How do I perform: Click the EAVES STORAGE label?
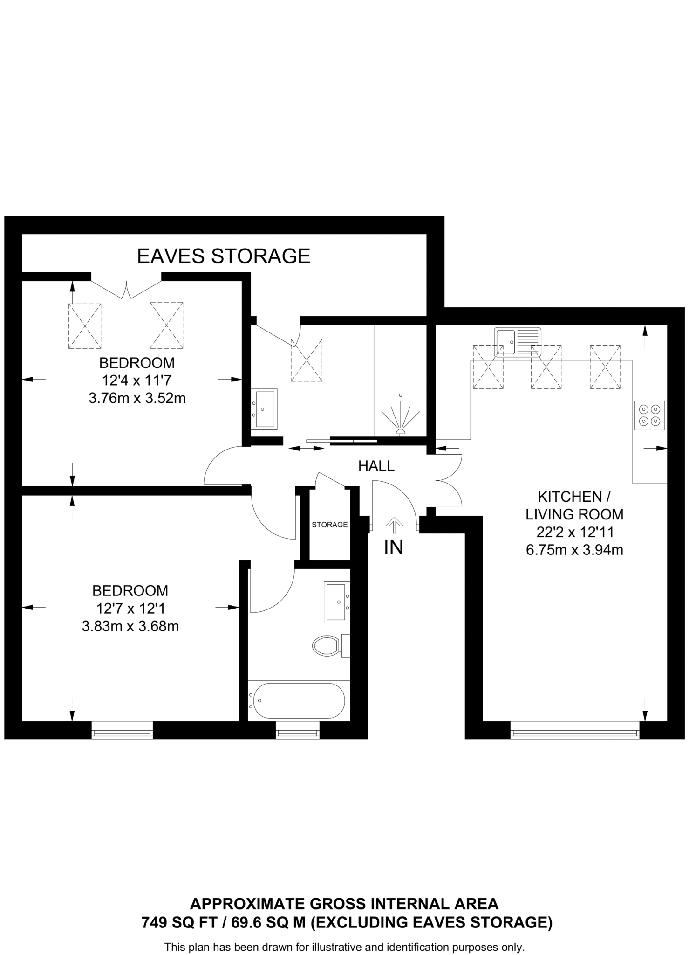click(224, 256)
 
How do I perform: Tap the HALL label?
click(376, 466)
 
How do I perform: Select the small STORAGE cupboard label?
click(329, 525)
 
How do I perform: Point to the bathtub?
click(297, 700)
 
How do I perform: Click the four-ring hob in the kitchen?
click(649, 415)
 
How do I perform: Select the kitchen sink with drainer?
click(518, 342)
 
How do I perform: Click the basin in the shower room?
click(264, 409)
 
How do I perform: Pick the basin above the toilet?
click(337, 602)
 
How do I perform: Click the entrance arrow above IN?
click(394, 525)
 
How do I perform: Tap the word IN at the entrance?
click(394, 547)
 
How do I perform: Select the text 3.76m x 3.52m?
click(137, 398)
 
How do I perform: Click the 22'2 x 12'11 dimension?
click(574, 532)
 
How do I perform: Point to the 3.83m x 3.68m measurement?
click(130, 626)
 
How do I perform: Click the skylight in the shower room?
click(307, 360)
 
